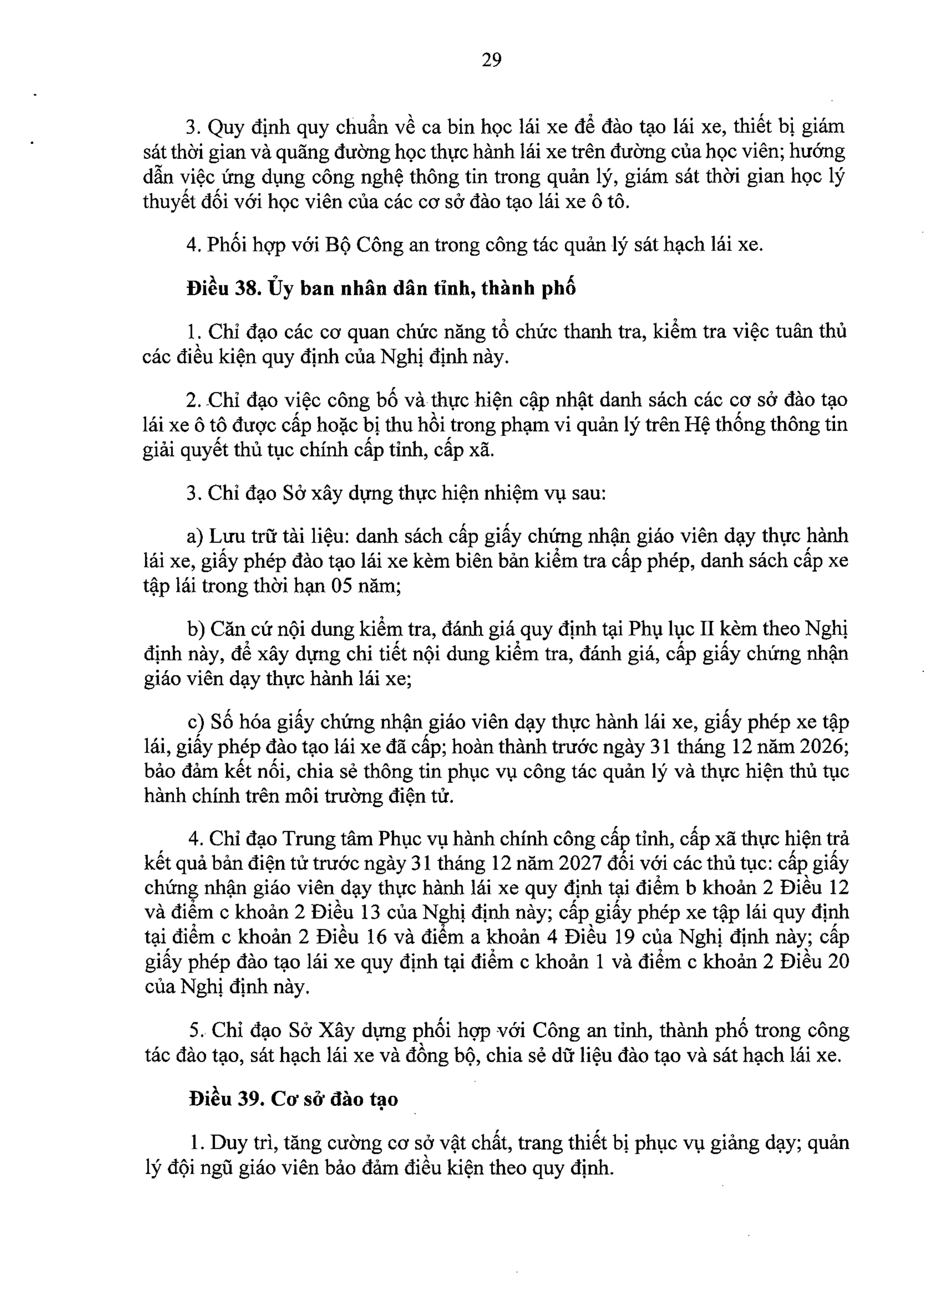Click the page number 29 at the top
[x=491, y=59]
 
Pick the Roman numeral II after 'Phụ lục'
[x=701, y=629]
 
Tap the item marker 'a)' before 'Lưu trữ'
[x=195, y=536]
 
